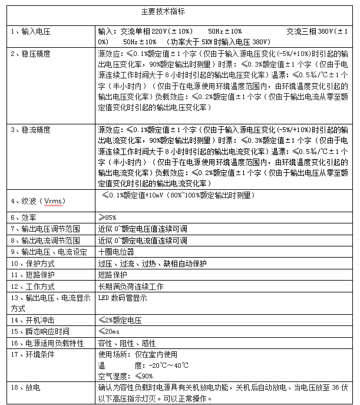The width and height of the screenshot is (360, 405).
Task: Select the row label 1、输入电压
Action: (x=30, y=31)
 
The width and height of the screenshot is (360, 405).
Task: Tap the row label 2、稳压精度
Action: (x=30, y=54)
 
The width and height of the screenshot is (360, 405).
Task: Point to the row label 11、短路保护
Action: (x=30, y=275)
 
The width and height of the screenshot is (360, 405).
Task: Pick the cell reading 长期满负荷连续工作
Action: (x=130, y=287)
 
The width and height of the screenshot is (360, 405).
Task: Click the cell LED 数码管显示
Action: (x=122, y=298)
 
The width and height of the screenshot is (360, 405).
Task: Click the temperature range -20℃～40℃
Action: (x=161, y=366)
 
